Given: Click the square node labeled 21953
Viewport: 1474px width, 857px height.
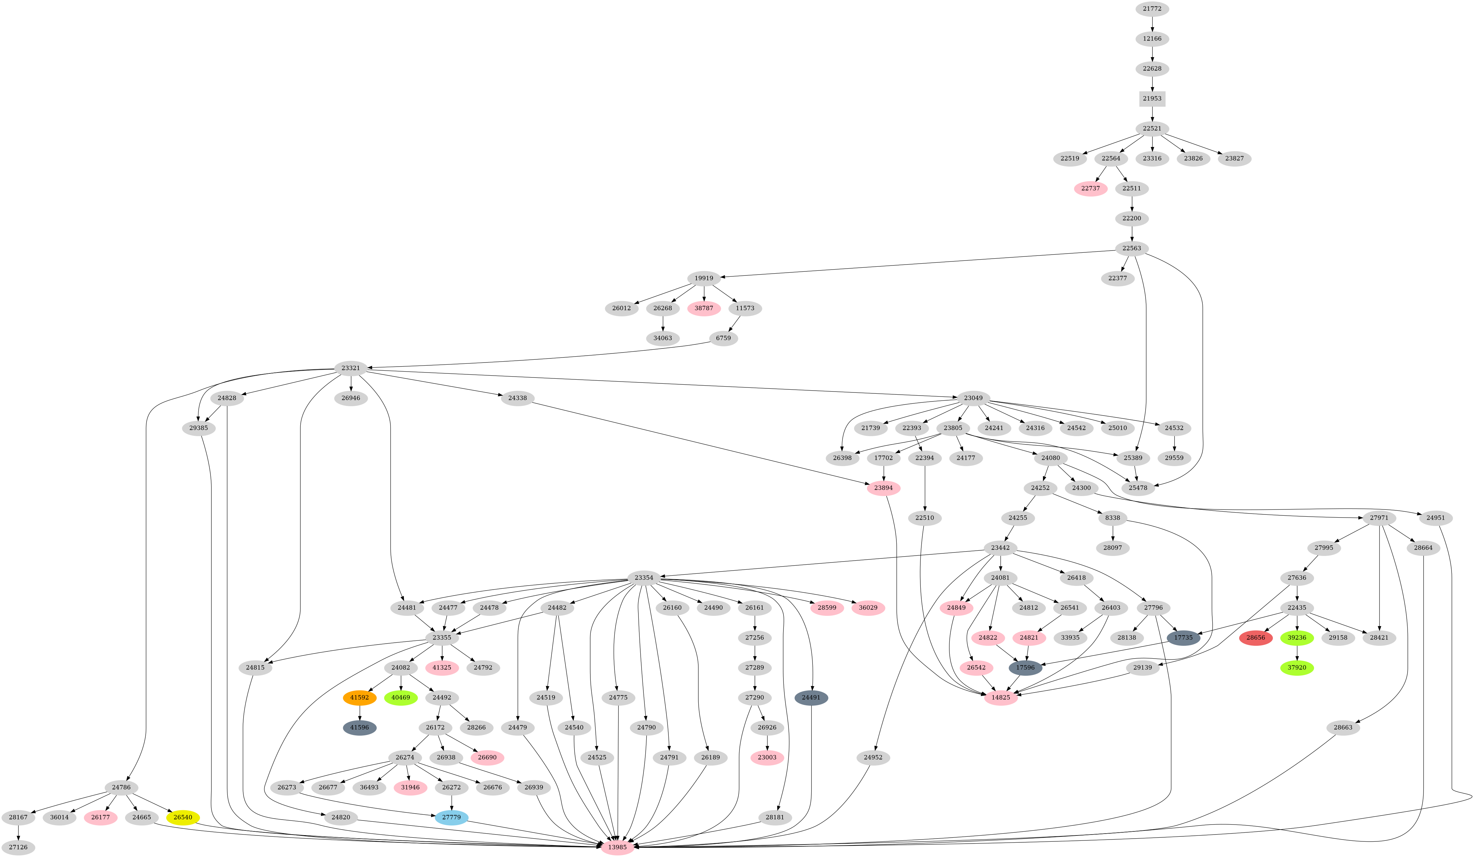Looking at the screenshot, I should [1152, 98].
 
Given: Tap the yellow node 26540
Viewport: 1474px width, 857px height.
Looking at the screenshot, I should [182, 817].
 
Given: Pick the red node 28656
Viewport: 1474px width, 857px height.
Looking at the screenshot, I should [1255, 638].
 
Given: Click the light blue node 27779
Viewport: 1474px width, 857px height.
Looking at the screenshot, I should [451, 817].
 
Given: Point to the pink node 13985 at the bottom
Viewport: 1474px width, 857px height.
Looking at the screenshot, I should [617, 847].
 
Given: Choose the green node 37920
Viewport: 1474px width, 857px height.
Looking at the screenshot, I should [1297, 667].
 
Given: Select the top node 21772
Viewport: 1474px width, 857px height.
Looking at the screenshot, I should [1152, 9].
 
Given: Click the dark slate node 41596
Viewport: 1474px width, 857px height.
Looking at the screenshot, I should [359, 728].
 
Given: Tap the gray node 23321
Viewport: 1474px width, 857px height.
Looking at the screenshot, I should [350, 368].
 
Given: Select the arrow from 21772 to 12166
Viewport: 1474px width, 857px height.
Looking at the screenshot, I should [1152, 24].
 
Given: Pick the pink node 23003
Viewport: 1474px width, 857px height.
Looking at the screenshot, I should [767, 757].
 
